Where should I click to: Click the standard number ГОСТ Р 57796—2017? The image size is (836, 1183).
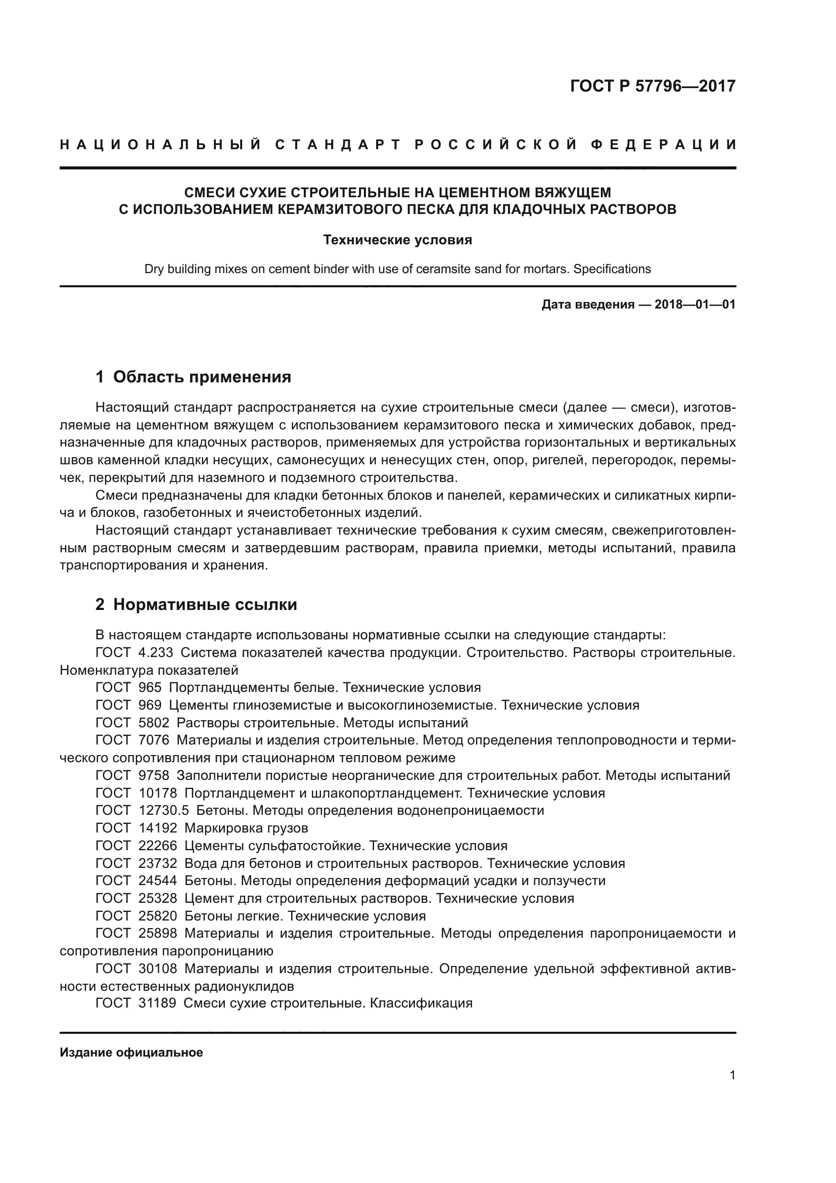[653, 86]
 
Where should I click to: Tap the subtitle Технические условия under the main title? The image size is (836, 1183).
[397, 240]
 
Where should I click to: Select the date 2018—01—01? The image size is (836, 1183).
[695, 304]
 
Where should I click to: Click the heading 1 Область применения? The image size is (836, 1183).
[194, 377]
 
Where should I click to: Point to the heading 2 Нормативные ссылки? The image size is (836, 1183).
[196, 604]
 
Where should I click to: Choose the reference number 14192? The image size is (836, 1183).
[158, 828]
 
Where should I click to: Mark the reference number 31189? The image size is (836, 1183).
[158, 1003]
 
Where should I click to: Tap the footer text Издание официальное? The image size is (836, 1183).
[131, 1053]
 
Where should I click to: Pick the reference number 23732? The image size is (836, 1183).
[158, 863]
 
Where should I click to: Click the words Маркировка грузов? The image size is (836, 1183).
[246, 828]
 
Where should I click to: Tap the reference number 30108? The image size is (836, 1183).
[158, 969]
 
